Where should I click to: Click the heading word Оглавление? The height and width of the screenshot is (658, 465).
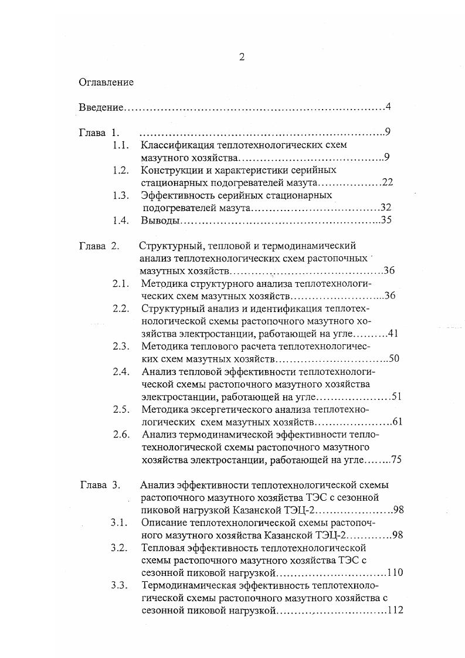[x=106, y=82]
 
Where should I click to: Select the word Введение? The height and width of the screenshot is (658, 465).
[x=101, y=107]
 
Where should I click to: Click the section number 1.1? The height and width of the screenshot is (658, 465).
[x=121, y=145]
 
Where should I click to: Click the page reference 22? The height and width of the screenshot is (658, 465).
[x=387, y=182]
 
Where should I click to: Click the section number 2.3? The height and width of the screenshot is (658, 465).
[x=121, y=346]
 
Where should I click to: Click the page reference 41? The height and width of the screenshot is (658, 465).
[x=393, y=333]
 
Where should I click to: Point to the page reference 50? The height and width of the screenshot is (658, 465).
[x=393, y=358]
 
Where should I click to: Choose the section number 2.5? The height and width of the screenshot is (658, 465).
[x=121, y=409]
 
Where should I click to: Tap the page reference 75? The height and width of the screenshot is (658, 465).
[x=395, y=460]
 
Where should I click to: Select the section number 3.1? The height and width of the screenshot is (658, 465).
[x=120, y=523]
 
